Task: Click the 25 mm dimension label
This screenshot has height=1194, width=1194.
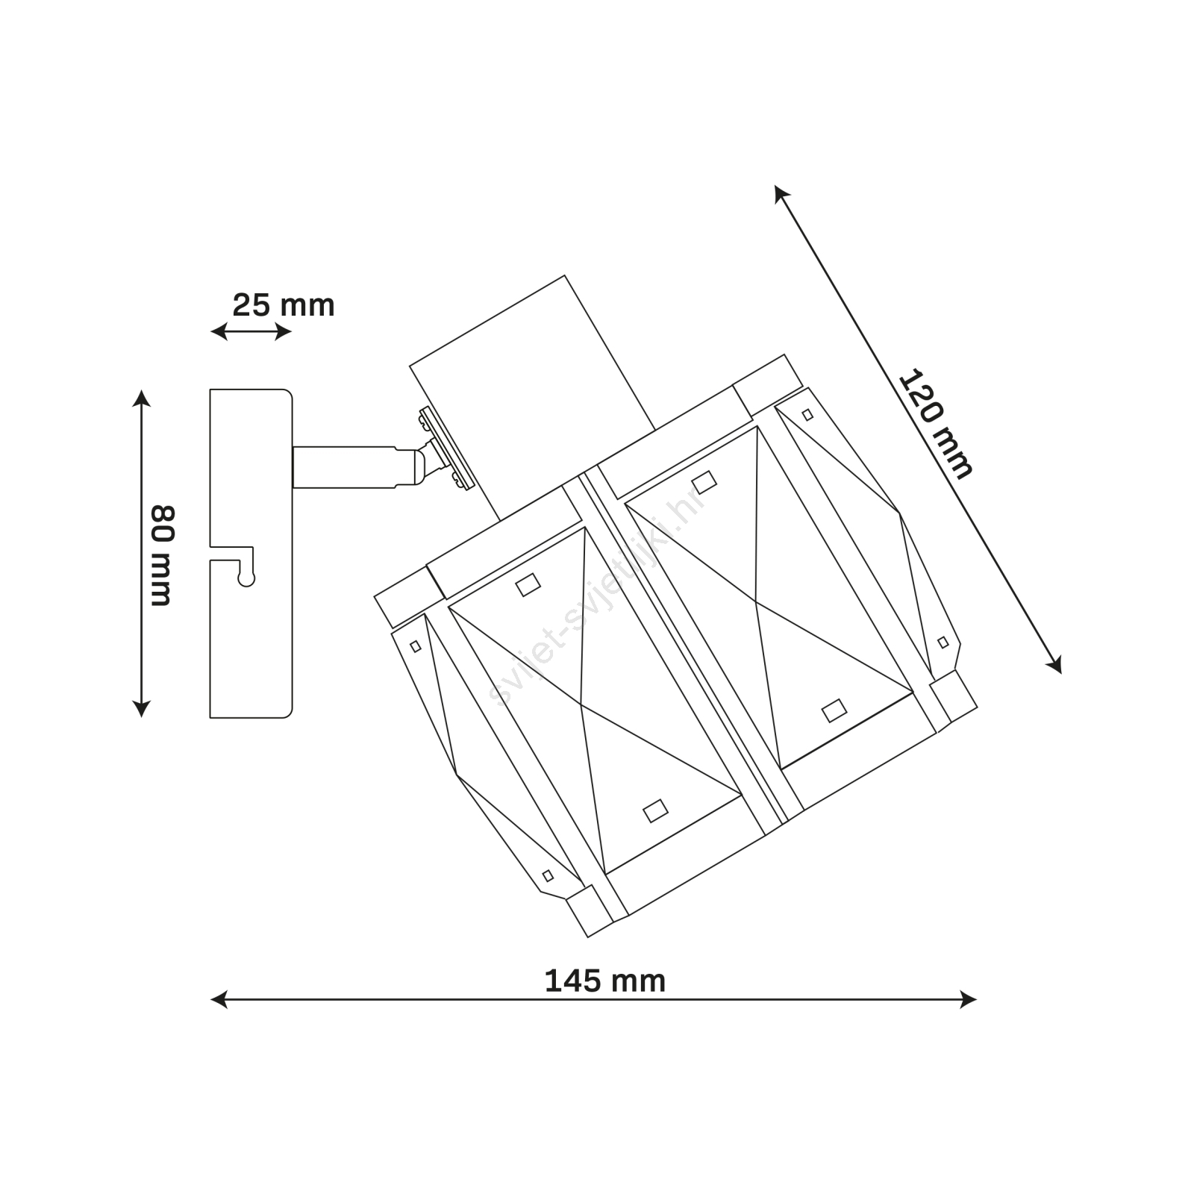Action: (284, 305)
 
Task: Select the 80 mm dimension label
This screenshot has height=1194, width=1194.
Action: (162, 556)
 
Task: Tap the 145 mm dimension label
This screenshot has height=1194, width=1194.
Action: (605, 981)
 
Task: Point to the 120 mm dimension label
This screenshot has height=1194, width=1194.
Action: (936, 424)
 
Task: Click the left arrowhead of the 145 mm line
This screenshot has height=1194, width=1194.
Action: (219, 999)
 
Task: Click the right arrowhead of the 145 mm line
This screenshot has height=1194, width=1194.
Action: (968, 999)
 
